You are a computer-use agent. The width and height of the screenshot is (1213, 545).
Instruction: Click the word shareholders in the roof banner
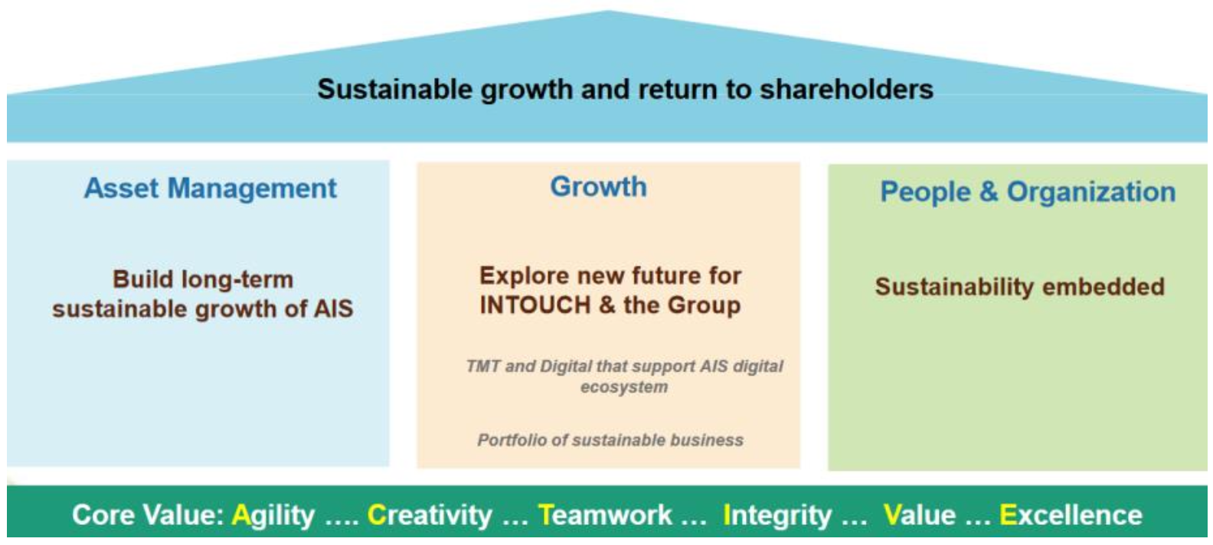coord(846,90)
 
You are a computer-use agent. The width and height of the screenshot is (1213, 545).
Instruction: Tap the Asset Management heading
coord(210,189)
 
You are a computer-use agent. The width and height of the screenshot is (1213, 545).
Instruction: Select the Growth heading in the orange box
coord(598,187)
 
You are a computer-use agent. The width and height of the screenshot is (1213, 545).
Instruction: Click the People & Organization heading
coord(1028,191)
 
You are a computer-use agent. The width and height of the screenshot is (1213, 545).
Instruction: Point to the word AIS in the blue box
coord(334,309)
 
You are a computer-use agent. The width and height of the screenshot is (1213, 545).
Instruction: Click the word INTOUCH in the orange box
coord(535,305)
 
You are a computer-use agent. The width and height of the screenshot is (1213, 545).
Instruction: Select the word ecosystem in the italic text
coord(624,387)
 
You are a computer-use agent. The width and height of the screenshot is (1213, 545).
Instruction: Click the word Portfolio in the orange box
coord(512,440)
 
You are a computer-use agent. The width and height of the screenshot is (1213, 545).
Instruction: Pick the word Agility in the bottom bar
coord(273,514)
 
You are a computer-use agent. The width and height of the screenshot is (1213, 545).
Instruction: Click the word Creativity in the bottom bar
coord(430,514)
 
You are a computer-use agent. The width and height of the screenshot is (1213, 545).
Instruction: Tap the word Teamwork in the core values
coord(606,514)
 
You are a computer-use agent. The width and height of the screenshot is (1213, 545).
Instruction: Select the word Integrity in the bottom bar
coord(777,514)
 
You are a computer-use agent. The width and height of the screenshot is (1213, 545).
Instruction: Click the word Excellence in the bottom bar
coord(1071,514)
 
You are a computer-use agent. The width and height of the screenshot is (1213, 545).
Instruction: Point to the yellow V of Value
coord(893,514)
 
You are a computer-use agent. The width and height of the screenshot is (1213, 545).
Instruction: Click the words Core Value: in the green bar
coord(148,514)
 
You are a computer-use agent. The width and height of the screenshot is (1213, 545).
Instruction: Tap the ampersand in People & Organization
coord(989,191)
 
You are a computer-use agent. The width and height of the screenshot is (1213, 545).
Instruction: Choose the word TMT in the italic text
coord(482,367)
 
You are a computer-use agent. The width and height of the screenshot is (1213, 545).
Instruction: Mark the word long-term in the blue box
coord(237,280)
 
